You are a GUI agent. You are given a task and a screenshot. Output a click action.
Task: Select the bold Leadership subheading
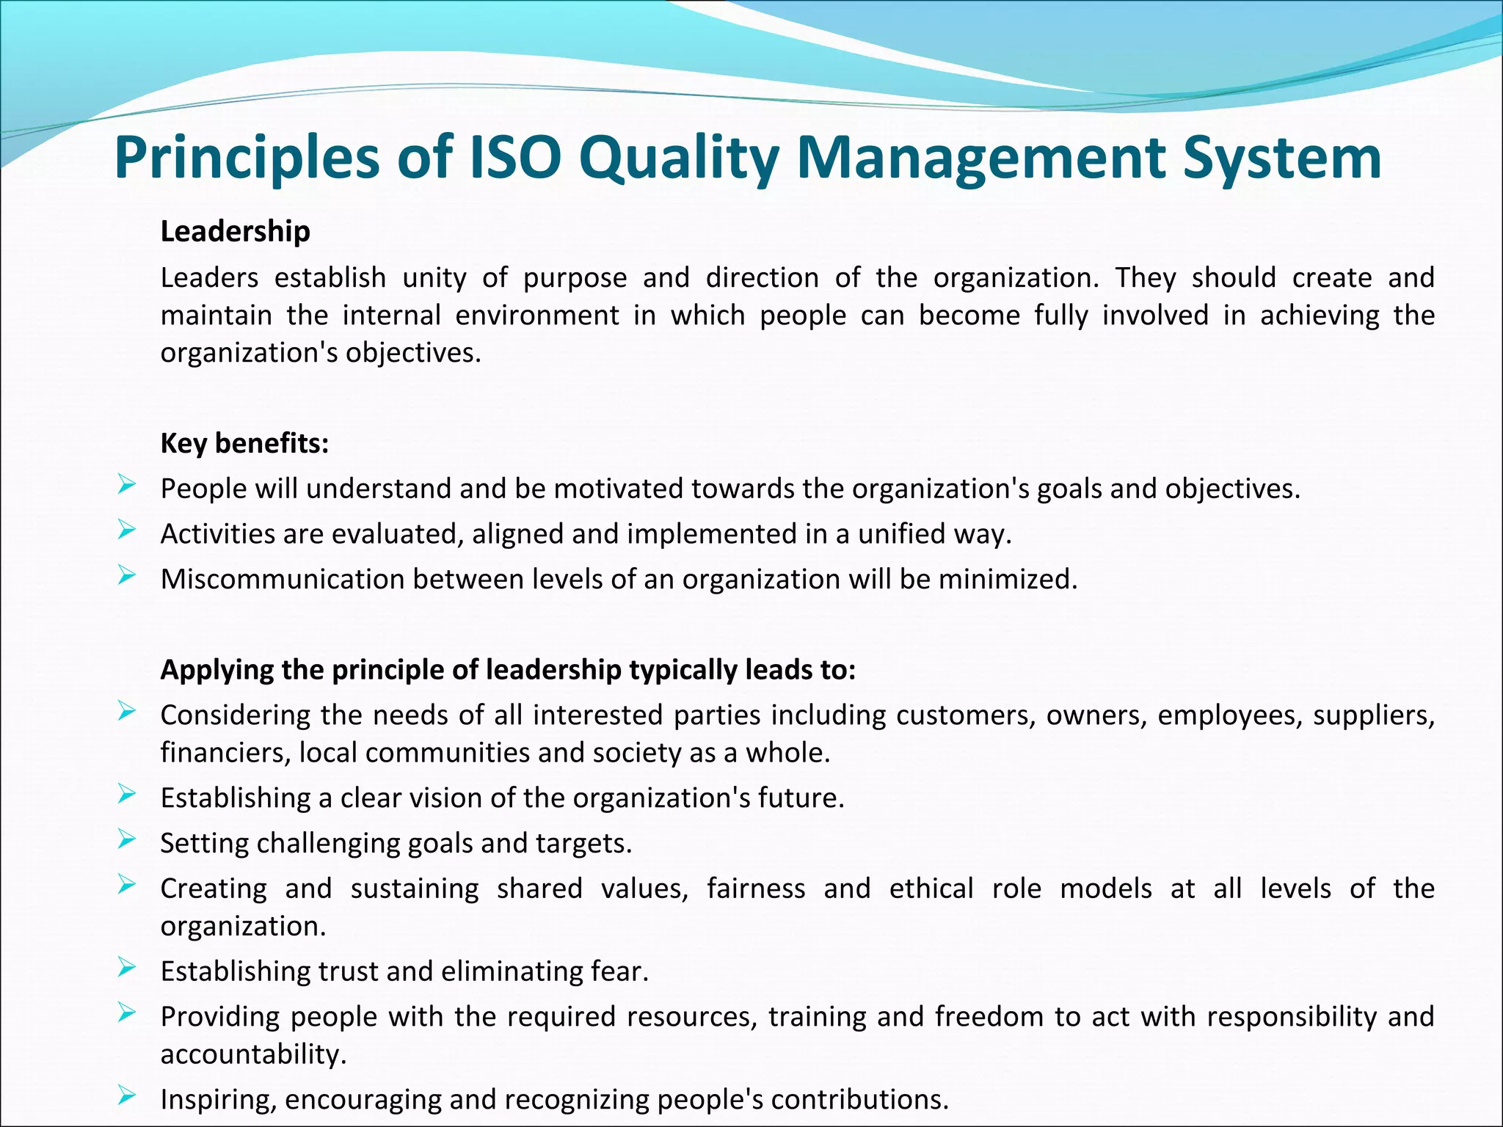[235, 231]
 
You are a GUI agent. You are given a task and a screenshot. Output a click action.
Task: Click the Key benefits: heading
[244, 443]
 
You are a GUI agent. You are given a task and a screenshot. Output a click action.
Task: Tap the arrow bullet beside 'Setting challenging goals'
[126, 839]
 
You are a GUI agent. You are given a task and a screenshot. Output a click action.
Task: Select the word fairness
[755, 889]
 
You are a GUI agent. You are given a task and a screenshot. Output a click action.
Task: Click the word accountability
[253, 1054]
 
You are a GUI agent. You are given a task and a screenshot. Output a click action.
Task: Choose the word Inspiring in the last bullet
[218, 1100]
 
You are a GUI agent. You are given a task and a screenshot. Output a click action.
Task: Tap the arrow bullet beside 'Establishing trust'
[126, 968]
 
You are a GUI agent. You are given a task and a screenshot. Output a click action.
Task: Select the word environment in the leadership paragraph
[536, 316]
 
